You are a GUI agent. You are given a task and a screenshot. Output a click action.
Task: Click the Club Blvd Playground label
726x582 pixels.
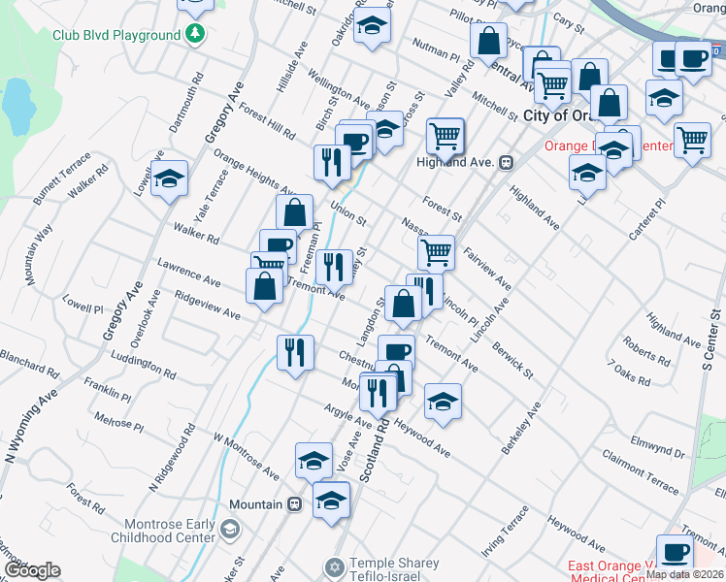[116, 35]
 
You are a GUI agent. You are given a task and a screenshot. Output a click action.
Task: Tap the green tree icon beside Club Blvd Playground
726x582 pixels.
[196, 34]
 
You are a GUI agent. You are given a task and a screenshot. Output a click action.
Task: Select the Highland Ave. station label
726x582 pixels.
[470, 162]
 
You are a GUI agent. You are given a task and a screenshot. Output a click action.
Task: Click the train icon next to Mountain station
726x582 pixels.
[293, 504]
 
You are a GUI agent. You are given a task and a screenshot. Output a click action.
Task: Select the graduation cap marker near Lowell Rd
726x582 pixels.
[169, 178]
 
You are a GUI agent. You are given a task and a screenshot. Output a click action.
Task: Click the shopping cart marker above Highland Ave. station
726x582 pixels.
[445, 135]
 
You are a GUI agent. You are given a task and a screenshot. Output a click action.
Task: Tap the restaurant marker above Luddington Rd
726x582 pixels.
[294, 352]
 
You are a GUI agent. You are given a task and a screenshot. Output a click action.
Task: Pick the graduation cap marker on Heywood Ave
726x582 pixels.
[442, 402]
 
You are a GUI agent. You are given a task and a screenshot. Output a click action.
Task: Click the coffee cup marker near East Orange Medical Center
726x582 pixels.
[675, 552]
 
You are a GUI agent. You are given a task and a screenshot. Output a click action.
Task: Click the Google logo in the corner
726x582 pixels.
[32, 570]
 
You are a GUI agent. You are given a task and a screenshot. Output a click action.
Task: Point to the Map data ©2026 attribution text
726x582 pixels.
[683, 573]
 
